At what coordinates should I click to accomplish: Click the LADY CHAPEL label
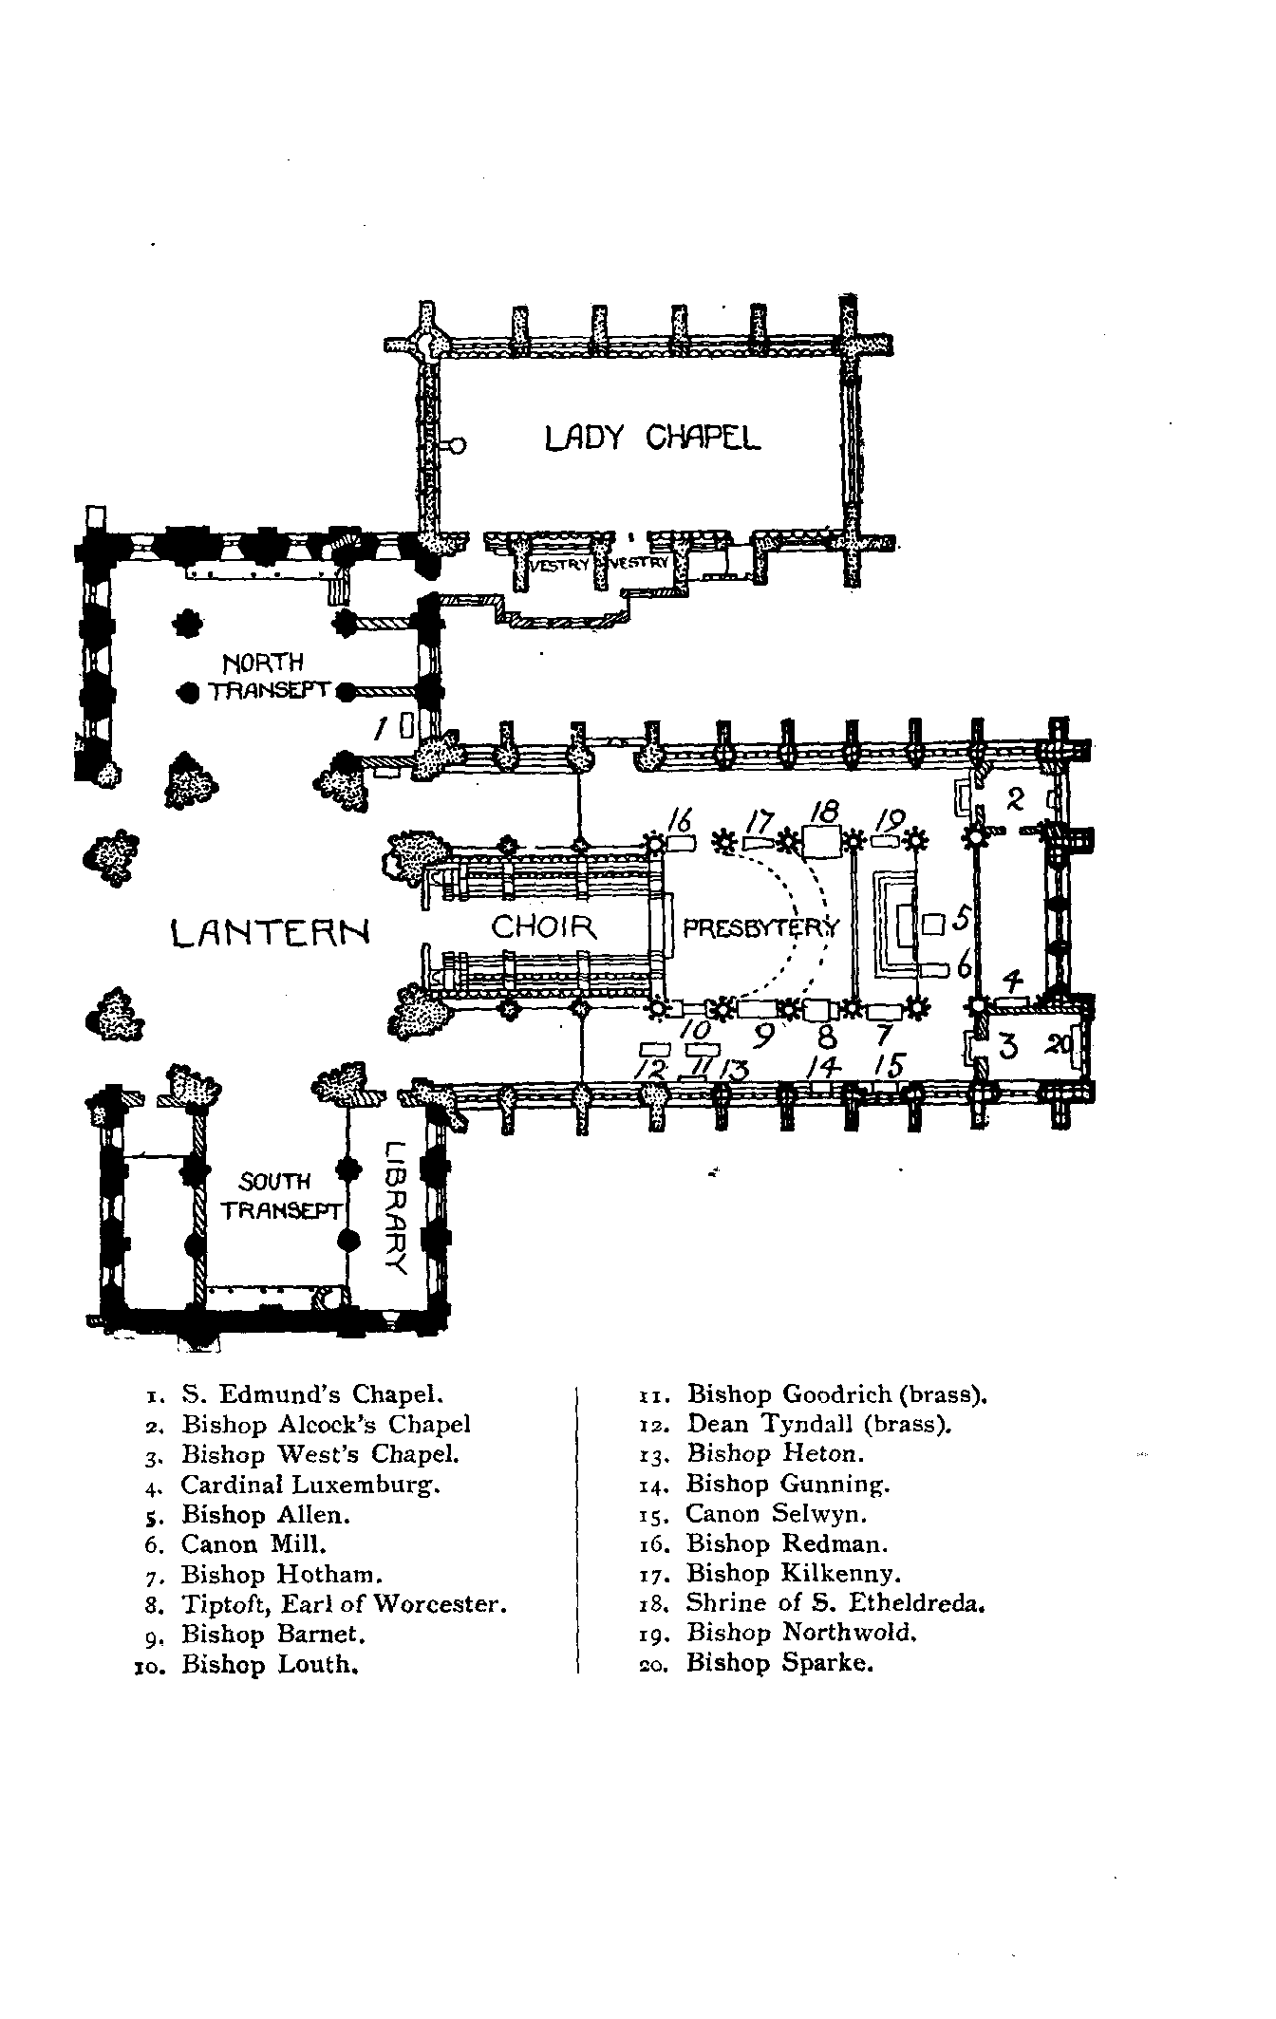(653, 439)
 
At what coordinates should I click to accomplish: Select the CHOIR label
(544, 925)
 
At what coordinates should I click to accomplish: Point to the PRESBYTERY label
(761, 927)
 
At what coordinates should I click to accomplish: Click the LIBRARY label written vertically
(397, 1206)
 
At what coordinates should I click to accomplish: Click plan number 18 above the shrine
(825, 813)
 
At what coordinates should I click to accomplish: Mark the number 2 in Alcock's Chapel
(1014, 799)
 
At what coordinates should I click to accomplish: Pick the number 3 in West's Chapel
(1008, 1047)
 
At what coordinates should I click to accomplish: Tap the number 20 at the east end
(1059, 1045)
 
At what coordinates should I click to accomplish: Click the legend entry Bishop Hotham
(282, 1575)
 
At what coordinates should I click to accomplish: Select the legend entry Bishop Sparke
(779, 1663)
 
